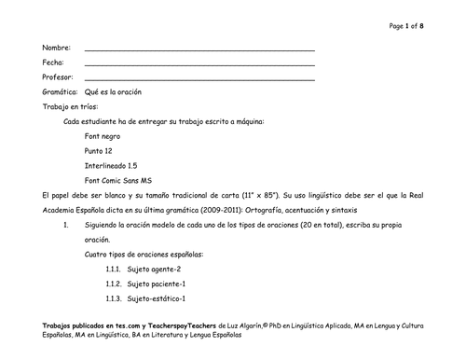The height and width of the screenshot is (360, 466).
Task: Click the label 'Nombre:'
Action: pyautogui.click(x=57, y=47)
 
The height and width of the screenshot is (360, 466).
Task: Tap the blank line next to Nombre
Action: pyautogui.click(x=199, y=48)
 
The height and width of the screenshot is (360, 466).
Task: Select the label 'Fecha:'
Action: pyautogui.click(x=53, y=62)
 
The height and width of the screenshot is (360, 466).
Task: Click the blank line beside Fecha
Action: pyautogui.click(x=199, y=64)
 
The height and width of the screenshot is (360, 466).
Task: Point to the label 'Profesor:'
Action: pyautogui.click(x=58, y=77)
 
